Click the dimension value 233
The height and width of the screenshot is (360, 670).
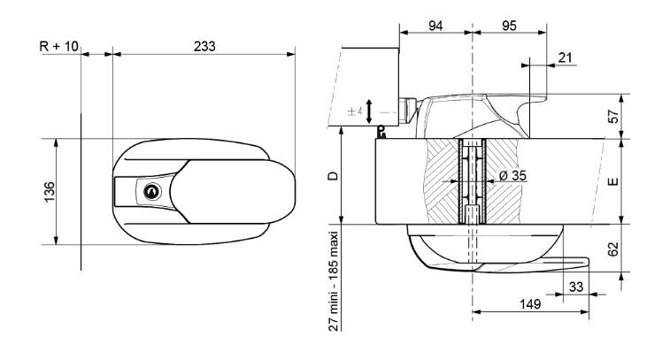click(x=204, y=44)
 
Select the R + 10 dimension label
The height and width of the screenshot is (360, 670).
click(x=58, y=44)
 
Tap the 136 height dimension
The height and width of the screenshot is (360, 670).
click(x=49, y=190)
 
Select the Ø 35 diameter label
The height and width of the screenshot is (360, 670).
click(x=512, y=175)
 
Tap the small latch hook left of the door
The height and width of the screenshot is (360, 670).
click(x=381, y=133)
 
